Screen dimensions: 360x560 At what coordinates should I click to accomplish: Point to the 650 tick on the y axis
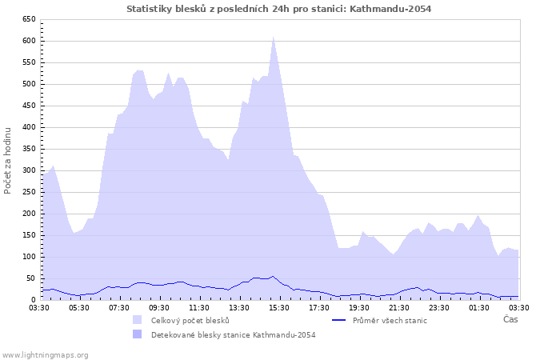coord(28,19)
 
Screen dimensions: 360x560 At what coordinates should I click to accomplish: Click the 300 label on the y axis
coord(28,170)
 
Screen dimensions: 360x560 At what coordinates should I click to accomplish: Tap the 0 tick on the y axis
coord(33,300)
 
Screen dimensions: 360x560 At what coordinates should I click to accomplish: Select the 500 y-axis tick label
coord(28,84)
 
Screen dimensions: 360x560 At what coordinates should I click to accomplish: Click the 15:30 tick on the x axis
coord(279,307)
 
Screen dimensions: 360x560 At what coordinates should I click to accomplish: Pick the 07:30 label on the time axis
coord(119,307)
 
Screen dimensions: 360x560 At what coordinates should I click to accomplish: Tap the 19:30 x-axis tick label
coord(359,307)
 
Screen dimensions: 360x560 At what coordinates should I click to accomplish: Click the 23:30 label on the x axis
coord(439,307)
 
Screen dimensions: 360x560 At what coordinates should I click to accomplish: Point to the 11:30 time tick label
coord(199,307)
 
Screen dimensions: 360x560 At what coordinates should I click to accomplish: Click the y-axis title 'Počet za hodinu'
coord(9,159)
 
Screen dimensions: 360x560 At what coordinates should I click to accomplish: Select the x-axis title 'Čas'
coord(510,319)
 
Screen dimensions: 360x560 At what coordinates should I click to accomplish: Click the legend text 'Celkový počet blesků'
coord(190,320)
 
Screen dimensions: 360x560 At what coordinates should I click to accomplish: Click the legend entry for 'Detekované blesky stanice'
coord(233,335)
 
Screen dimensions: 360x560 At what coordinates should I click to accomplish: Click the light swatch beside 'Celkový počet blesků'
coord(138,320)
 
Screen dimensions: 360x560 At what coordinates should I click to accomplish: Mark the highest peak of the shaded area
coord(273,37)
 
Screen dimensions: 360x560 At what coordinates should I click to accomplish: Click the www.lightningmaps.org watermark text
coord(46,354)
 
